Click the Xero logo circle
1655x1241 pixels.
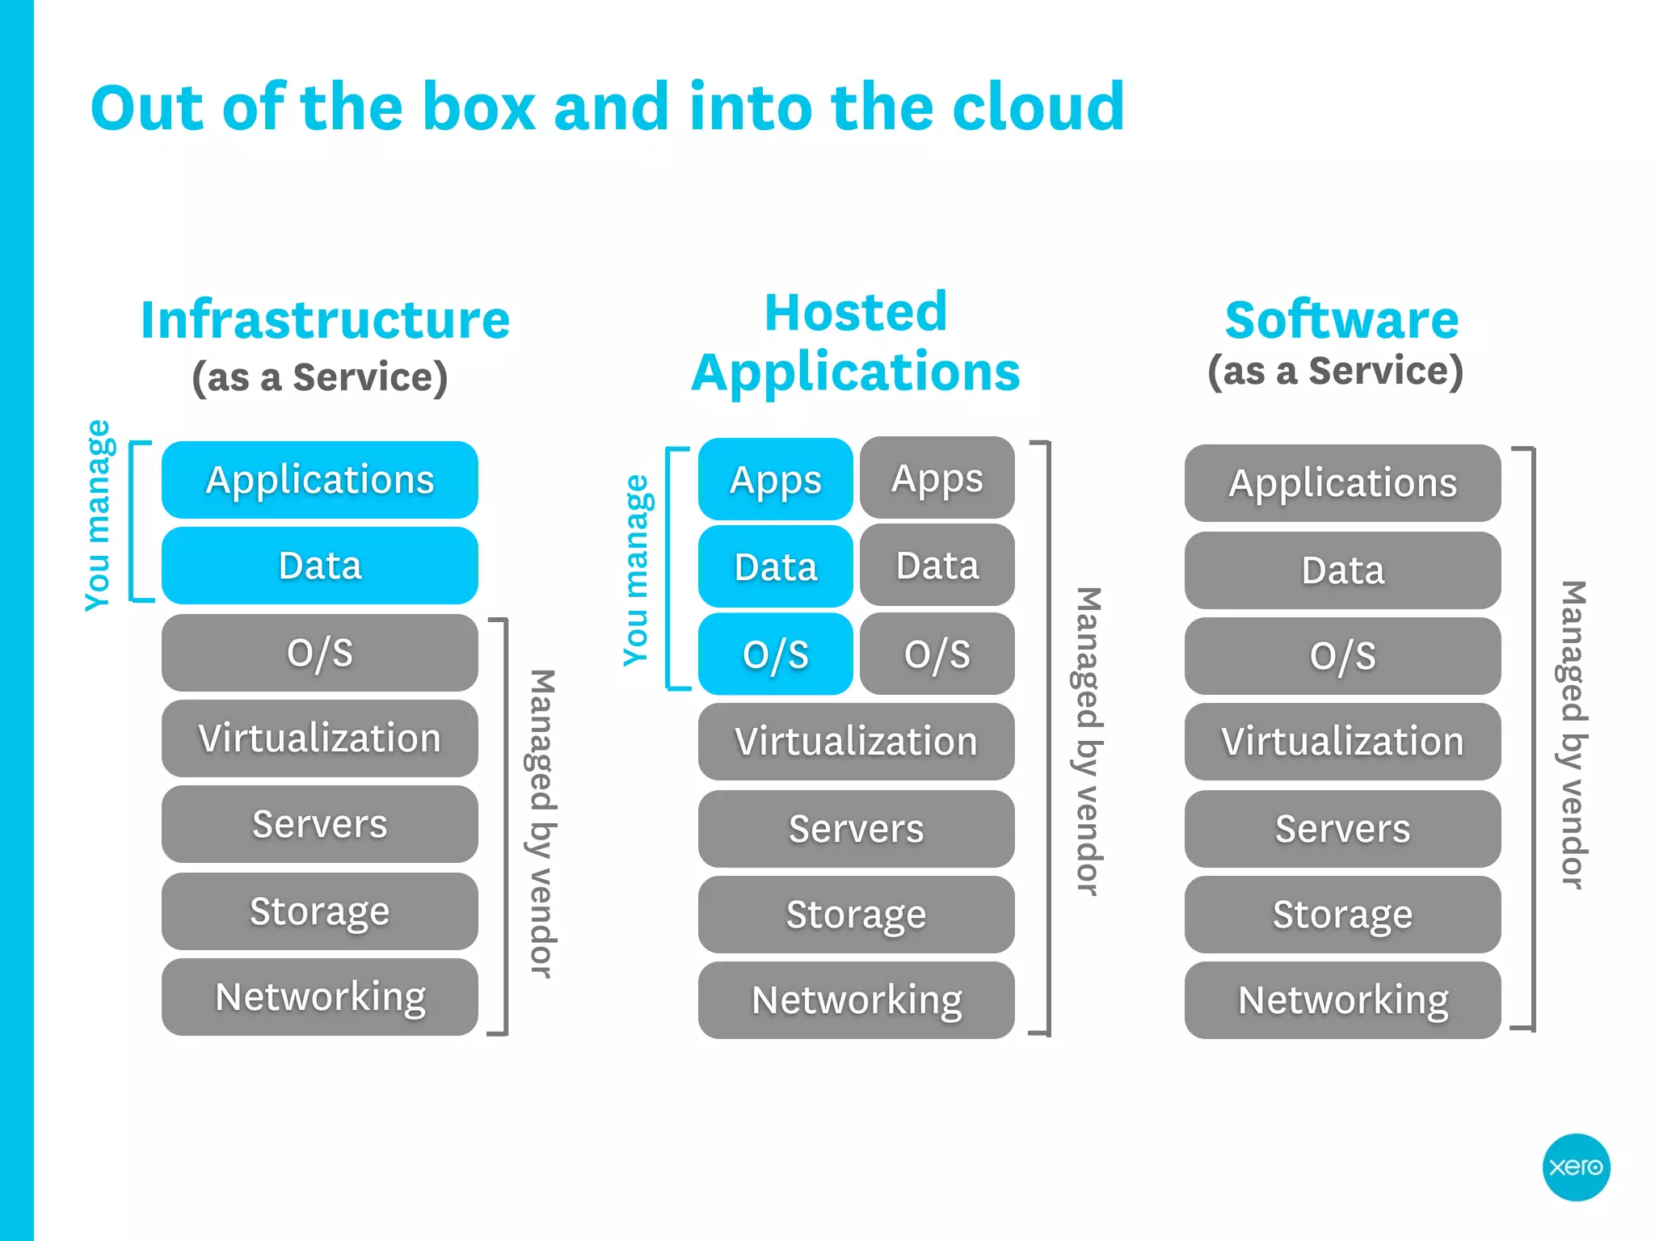tap(1576, 1167)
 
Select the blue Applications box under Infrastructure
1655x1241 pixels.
tap(320, 480)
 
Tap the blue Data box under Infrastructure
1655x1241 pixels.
tap(320, 566)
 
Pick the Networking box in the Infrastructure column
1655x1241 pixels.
tap(320, 997)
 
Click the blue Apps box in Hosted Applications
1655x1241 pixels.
tap(776, 480)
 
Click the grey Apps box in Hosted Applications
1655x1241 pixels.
tap(937, 478)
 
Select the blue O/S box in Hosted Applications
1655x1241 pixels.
tap(776, 654)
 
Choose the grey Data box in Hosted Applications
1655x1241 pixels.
tap(937, 566)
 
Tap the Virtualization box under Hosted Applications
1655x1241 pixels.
tap(857, 742)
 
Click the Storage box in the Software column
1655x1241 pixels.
tap(1343, 915)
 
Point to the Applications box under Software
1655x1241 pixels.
tap(1343, 483)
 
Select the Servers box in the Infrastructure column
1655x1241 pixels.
tap(320, 824)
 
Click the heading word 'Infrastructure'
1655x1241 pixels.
tap(325, 320)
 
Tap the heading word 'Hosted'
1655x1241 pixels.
tap(856, 312)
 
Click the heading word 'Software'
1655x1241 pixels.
tap(1341, 320)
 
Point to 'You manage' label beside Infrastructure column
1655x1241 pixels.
tap(98, 517)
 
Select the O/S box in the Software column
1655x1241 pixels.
tap(1343, 656)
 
